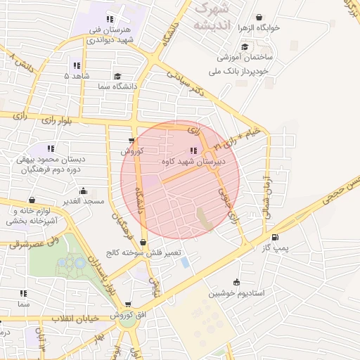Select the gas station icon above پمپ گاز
[274, 237]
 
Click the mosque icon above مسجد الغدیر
[84, 191]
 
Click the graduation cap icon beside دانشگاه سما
[117, 76]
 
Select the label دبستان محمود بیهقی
[49, 160]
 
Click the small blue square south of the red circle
[185, 262]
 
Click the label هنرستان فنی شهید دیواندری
[108, 34]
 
